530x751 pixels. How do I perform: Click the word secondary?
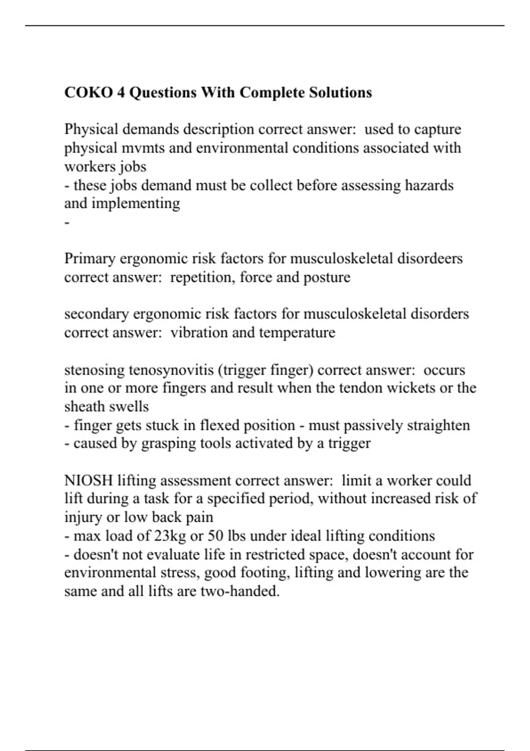click(96, 314)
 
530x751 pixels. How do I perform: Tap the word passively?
click(373, 425)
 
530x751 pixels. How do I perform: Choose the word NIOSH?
click(88, 481)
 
